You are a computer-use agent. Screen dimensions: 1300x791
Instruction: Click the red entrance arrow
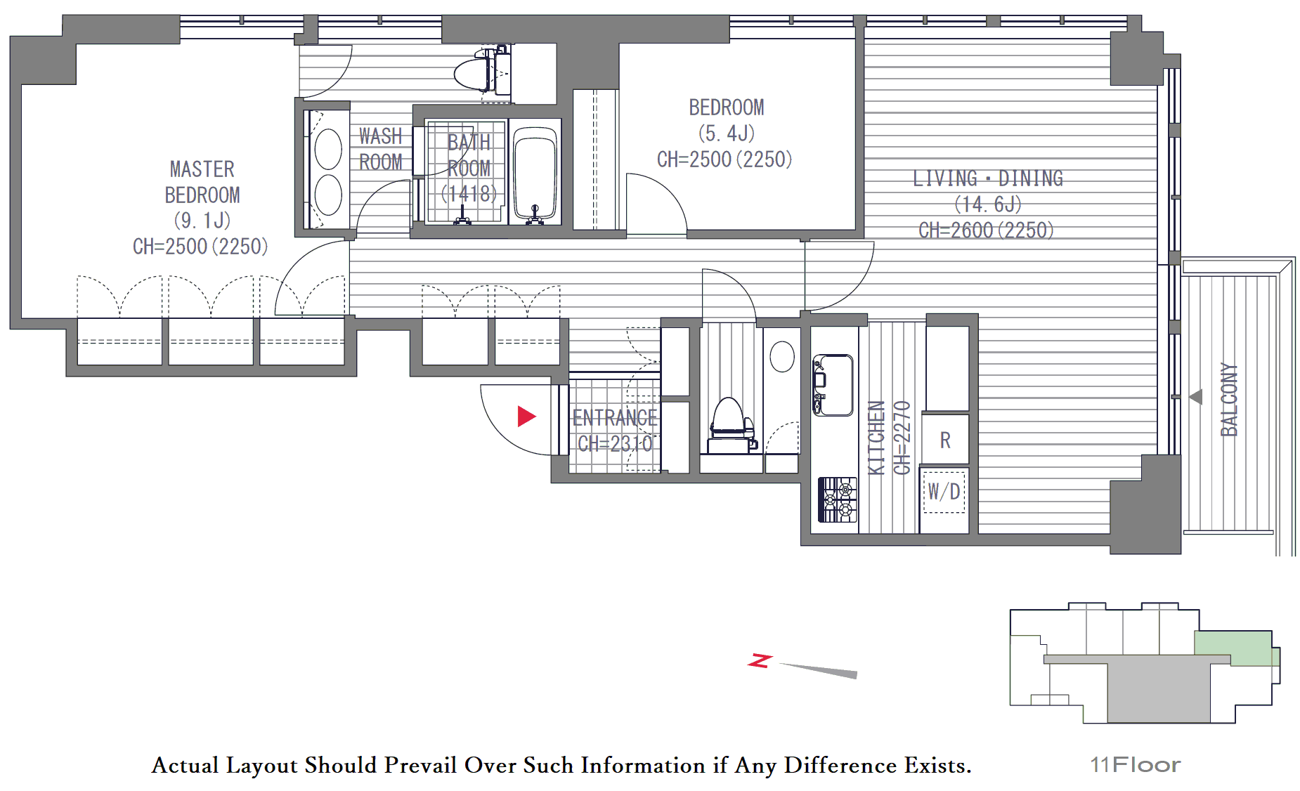(526, 416)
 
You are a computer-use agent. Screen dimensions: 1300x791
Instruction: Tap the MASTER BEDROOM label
(202, 182)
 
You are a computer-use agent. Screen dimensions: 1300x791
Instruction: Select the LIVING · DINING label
(988, 178)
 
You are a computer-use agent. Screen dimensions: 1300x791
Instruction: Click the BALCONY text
(1229, 400)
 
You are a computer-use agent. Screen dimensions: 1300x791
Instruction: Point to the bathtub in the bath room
(535, 173)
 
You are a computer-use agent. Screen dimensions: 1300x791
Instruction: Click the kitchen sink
(833, 385)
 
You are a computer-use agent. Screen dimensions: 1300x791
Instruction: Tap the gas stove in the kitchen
(838, 499)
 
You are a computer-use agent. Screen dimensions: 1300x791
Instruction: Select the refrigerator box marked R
(945, 440)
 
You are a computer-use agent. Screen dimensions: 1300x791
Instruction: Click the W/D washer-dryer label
(944, 492)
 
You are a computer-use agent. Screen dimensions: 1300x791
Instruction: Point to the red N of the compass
(760, 660)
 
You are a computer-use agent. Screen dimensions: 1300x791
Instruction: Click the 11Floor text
(1135, 764)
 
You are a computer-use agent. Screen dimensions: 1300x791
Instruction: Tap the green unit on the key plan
(1235, 648)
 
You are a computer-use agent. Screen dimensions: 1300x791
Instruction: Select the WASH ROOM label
(381, 149)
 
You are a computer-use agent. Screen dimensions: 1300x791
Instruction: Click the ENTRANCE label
(615, 418)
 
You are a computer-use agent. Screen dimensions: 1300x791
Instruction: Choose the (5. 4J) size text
(727, 133)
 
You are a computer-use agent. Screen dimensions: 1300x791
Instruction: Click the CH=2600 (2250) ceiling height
(987, 230)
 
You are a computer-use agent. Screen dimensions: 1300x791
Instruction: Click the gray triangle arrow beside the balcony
(1196, 397)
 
